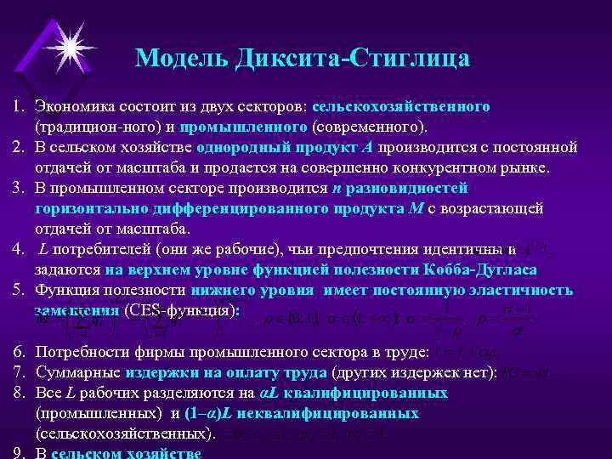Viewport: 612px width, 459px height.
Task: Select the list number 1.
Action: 17,108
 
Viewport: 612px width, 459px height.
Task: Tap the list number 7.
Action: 17,373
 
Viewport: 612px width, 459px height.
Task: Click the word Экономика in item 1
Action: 70,108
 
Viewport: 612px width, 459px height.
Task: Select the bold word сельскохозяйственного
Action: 400,108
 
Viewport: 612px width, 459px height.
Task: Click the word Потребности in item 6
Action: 79,353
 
